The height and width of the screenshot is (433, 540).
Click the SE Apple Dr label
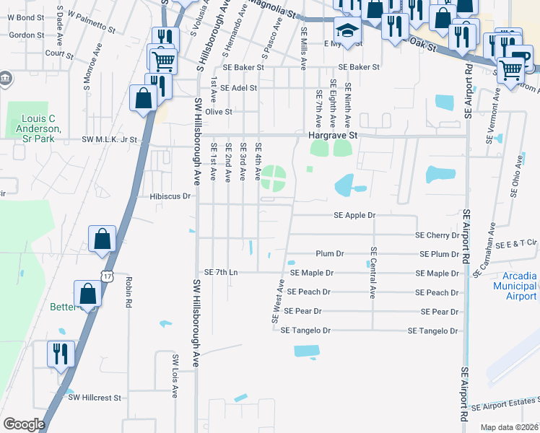(x=354, y=215)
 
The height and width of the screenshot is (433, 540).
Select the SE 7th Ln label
(x=221, y=272)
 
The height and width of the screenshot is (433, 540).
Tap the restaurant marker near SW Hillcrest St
(x=59, y=354)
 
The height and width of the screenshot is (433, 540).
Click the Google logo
(x=24, y=424)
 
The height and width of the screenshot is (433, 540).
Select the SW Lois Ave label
(x=175, y=376)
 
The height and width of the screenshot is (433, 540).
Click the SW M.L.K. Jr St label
(x=109, y=139)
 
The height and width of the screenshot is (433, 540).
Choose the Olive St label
(x=218, y=112)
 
